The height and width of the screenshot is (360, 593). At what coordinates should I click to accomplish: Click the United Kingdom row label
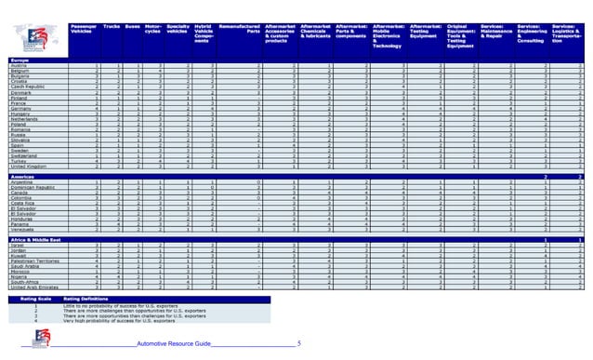29,166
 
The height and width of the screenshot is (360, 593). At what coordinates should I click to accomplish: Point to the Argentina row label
23,182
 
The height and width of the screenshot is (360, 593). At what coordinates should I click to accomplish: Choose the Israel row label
18,246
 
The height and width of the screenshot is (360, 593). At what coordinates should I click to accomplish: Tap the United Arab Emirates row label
34,287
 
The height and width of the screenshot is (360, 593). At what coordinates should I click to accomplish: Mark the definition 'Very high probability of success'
111,320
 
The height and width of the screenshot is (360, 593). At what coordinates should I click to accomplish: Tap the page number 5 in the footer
298,344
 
